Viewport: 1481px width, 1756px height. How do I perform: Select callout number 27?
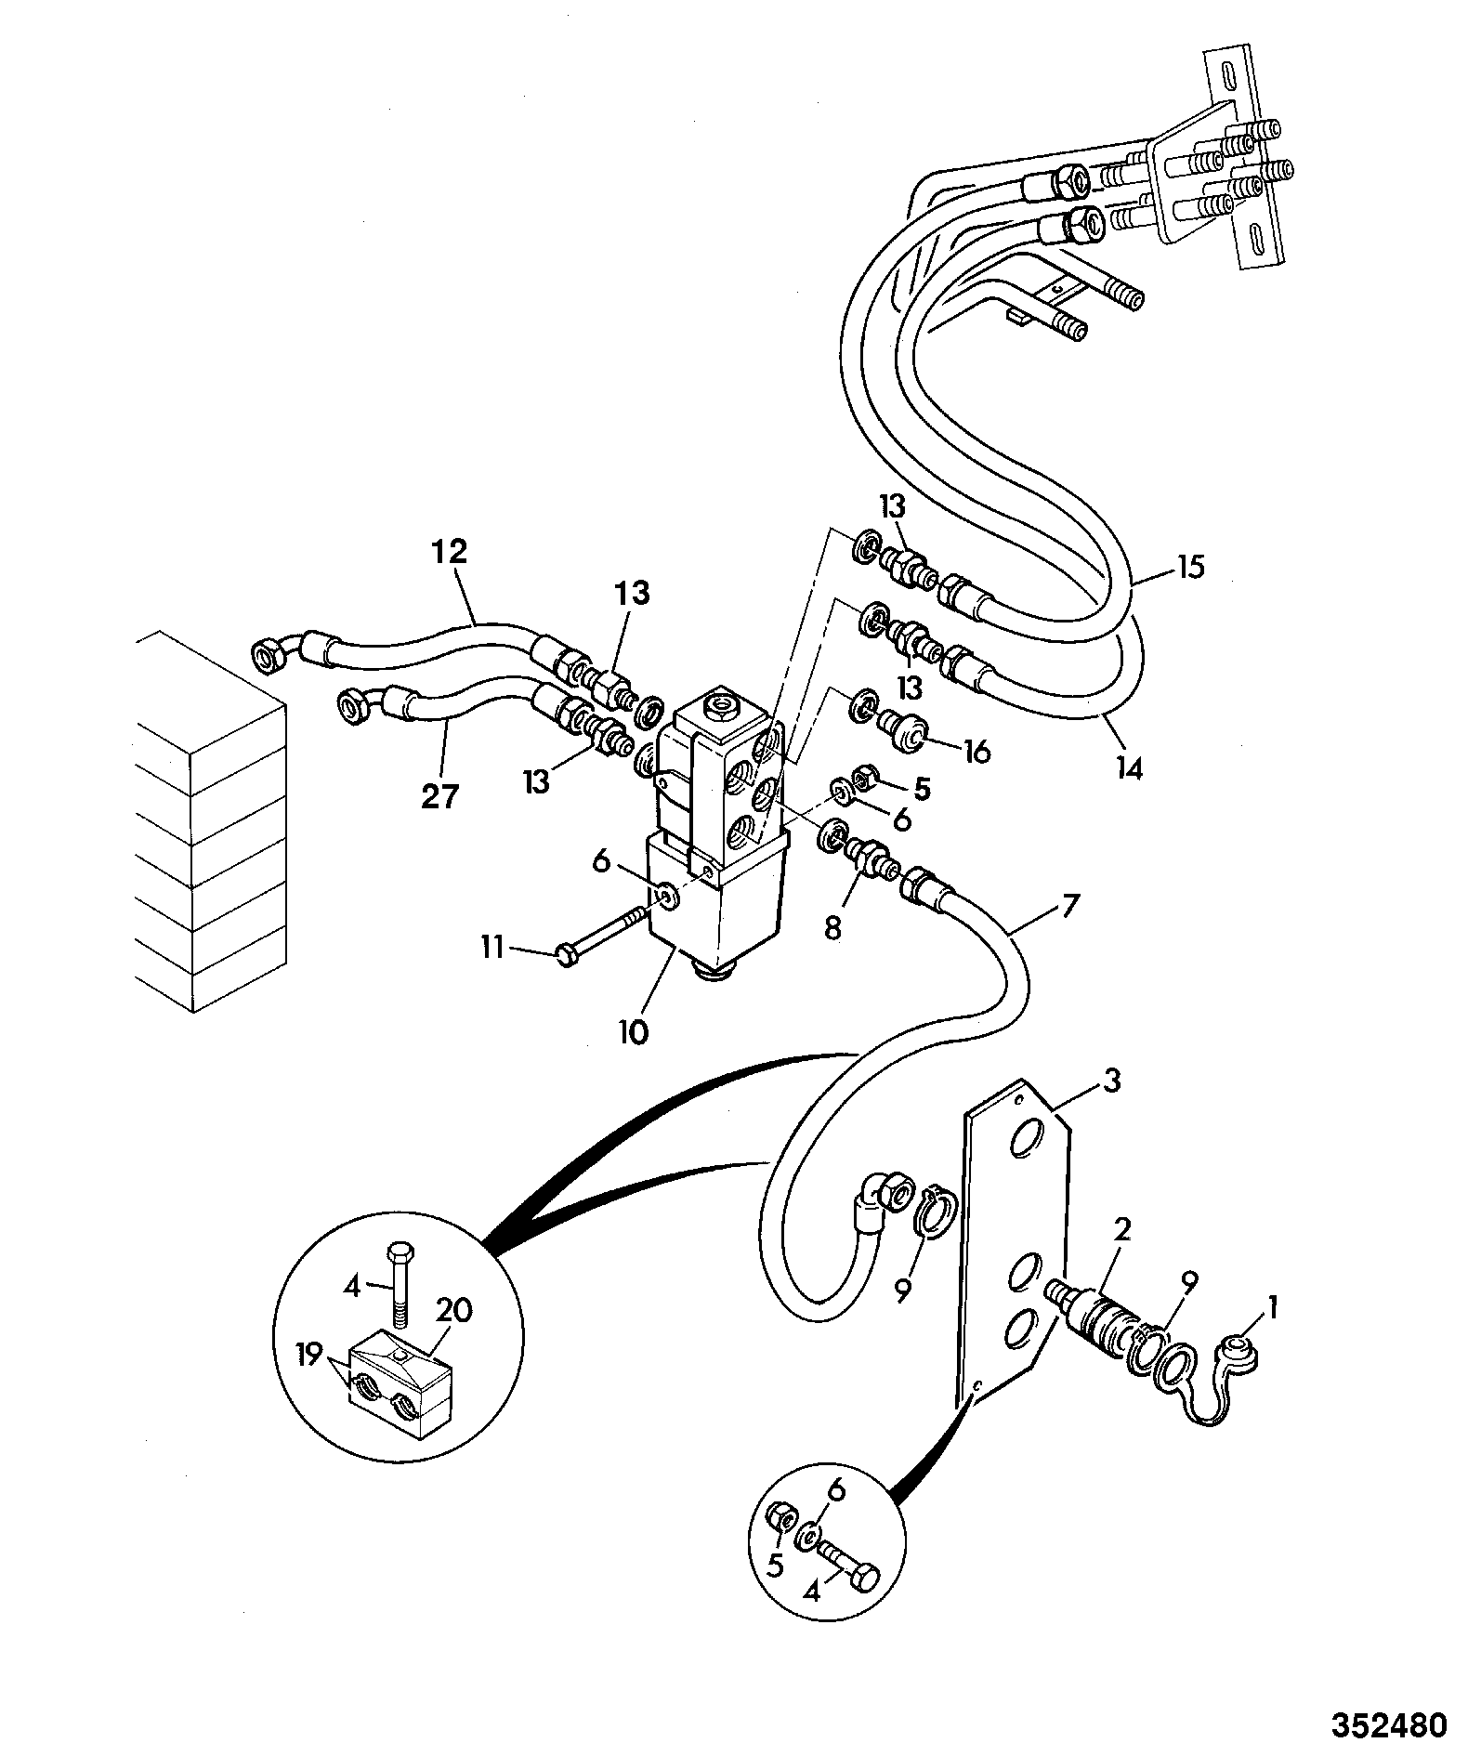[x=440, y=797]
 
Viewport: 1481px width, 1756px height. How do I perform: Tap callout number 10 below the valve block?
[x=635, y=1031]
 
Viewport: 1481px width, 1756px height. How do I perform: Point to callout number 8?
[x=832, y=928]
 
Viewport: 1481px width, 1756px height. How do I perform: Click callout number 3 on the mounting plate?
[x=1111, y=1081]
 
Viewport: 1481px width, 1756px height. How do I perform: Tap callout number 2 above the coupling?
[x=1121, y=1231]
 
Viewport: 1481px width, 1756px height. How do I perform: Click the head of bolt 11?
[x=563, y=955]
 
